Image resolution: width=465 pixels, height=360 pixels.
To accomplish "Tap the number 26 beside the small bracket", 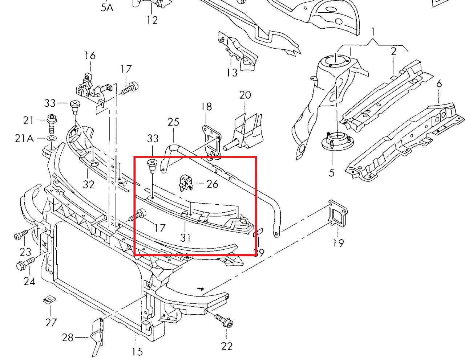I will [213, 184].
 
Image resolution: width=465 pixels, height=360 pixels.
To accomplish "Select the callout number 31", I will [185, 238].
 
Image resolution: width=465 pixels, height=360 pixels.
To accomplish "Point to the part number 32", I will [88, 184].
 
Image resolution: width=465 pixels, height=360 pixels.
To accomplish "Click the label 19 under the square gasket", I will [338, 243].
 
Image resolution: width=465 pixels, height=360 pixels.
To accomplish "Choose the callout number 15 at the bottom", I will [137, 351].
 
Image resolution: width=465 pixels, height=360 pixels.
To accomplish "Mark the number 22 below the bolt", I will [226, 346].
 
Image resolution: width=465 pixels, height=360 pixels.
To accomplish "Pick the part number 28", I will [68, 338].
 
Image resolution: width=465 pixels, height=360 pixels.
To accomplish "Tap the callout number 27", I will [51, 322].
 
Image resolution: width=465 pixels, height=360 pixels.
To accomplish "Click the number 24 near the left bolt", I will [29, 281].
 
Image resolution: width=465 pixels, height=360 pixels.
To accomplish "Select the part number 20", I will [245, 95].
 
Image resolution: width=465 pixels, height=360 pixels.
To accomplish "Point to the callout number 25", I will [173, 122].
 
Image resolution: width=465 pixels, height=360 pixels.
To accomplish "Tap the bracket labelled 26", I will [186, 182].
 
